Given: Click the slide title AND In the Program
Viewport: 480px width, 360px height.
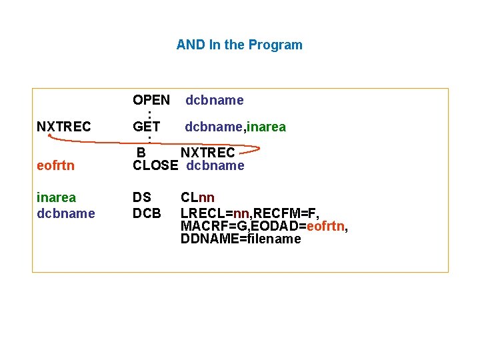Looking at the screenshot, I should click(239, 45).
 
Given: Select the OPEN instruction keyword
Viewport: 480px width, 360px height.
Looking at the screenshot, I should click(151, 101).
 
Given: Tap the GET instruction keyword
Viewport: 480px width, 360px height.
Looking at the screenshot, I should click(146, 127).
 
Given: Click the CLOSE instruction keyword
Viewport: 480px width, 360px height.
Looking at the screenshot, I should click(155, 166).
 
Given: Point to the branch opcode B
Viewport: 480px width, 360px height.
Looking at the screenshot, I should click(141, 153).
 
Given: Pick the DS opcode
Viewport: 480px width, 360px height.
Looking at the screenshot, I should click(142, 198).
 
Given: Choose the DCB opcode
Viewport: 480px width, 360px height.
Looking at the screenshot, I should click(147, 213).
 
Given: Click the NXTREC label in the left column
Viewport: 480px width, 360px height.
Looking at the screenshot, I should click(64, 127).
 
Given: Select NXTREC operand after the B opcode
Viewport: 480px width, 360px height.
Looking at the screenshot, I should click(208, 153).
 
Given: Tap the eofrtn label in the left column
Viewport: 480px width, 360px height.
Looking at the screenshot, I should click(55, 166).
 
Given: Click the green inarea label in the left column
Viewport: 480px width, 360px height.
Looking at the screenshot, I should click(57, 198).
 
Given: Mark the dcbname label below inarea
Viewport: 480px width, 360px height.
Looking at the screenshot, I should click(66, 213).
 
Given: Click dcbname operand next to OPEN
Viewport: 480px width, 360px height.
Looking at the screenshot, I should click(215, 101).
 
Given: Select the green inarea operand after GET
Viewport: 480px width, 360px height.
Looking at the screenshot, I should click(262, 127).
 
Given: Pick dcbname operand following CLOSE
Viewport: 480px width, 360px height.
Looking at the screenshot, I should click(215, 166).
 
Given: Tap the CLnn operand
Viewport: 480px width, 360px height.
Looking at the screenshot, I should click(197, 198).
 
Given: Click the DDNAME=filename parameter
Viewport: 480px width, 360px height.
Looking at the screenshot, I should click(241, 239).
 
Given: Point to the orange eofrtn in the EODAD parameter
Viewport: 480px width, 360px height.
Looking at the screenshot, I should click(326, 226).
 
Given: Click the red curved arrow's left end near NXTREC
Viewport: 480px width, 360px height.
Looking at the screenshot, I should click(50, 136).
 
